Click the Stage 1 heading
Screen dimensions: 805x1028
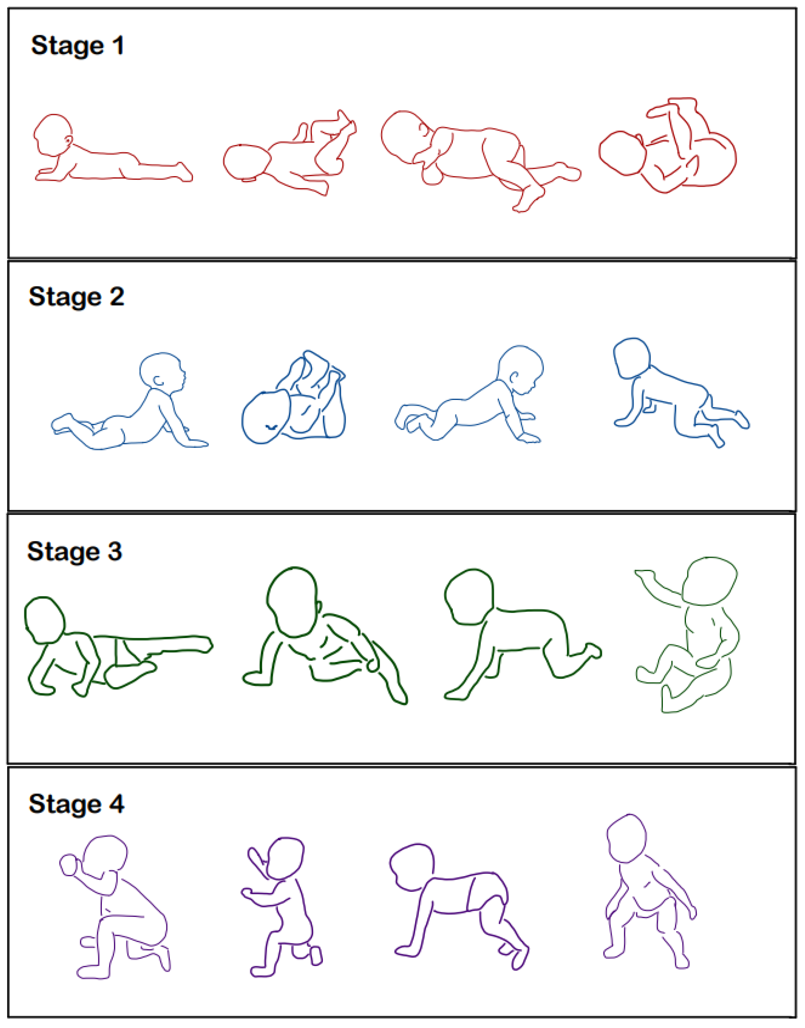coord(78,46)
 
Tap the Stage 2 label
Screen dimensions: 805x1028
coord(76,297)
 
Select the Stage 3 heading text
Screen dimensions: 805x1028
coord(75,551)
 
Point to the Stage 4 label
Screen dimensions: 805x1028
coord(76,804)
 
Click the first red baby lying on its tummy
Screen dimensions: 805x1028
coord(113,148)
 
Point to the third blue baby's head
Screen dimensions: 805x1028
coord(520,371)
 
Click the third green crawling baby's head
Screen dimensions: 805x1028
coord(469,596)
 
